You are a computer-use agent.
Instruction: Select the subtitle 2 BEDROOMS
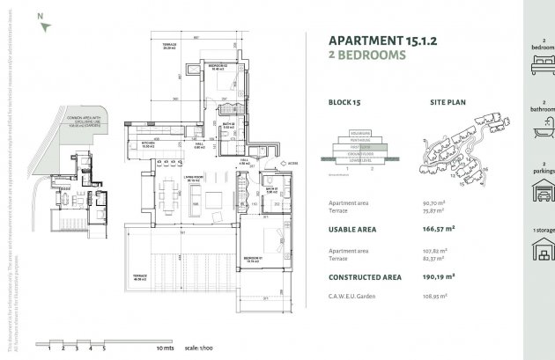tap(366, 55)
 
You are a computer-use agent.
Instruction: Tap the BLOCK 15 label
tap(344, 103)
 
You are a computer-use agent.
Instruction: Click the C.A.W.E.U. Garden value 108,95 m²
tap(435, 297)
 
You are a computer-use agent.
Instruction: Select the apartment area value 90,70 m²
tap(434, 202)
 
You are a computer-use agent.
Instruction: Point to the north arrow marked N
tap(41, 24)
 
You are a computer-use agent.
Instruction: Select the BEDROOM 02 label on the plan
tap(218, 67)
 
